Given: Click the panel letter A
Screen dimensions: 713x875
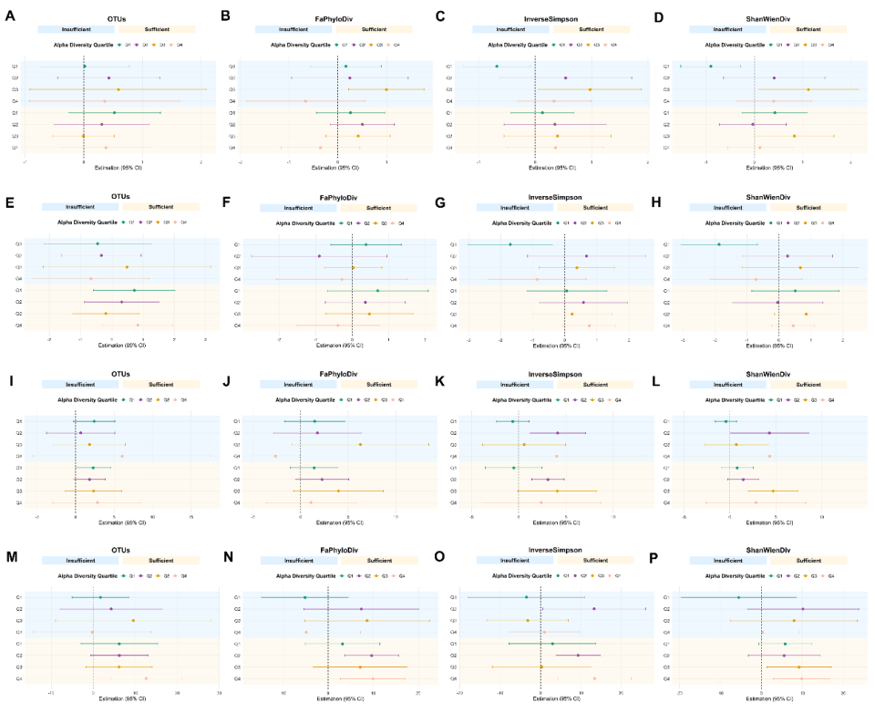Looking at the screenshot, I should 9,15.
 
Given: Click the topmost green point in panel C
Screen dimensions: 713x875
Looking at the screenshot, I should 497,67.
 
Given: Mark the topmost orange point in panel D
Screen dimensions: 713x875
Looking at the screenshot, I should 808,89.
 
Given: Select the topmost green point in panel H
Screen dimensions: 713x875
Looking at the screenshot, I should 718,244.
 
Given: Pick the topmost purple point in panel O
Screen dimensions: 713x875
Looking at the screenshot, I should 594,609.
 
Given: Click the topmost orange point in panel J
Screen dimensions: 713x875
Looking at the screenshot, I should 361,444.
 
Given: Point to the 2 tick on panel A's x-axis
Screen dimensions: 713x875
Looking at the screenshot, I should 201,162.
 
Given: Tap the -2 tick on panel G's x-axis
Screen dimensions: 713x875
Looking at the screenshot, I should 468,340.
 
